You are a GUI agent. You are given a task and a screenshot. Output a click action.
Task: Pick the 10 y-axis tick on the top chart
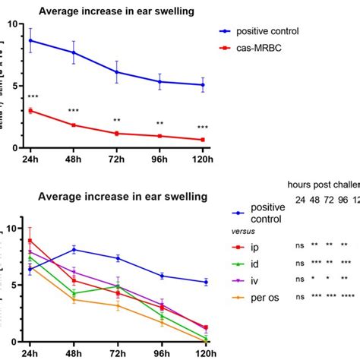point(10,24)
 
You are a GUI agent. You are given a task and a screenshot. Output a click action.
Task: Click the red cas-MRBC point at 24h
point(31,111)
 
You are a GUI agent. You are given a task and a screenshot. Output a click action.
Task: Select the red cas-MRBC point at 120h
point(202,140)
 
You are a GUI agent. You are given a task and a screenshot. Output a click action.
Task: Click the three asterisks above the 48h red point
point(74,112)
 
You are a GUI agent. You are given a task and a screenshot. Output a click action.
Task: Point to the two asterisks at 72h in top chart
point(117,121)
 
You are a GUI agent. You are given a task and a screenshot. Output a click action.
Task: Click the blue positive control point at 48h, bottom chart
point(74,249)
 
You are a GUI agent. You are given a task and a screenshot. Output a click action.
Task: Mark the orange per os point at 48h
point(74,300)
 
